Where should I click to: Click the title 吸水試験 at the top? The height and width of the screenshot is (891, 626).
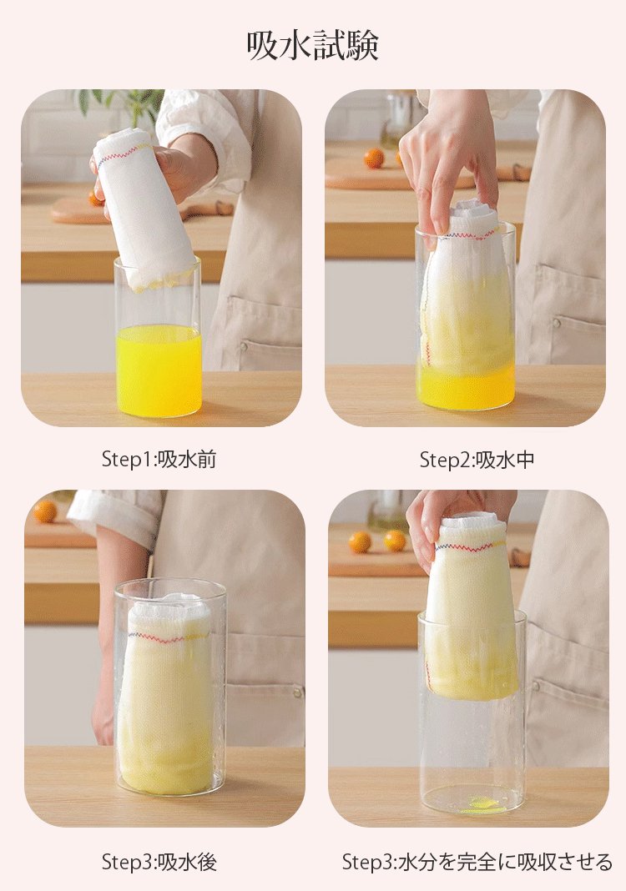point(313,46)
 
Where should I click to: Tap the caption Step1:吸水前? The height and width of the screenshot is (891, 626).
point(159,459)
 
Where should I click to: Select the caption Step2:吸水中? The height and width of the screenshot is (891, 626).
point(477,459)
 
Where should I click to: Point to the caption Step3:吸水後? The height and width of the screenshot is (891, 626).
point(159,862)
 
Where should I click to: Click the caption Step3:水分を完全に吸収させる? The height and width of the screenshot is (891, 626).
point(477,862)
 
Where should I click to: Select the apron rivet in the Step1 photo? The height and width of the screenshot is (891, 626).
point(245,344)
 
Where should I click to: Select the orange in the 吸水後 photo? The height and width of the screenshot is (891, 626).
point(45,511)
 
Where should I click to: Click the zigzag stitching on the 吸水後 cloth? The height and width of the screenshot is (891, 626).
point(167,638)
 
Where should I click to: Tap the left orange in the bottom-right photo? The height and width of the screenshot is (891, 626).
point(360,542)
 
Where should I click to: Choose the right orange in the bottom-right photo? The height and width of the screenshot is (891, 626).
point(395,541)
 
